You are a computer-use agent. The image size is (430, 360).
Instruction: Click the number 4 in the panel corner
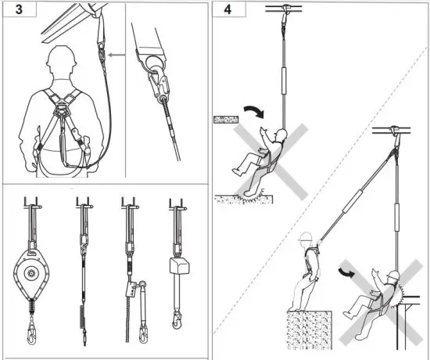(x=228, y=13)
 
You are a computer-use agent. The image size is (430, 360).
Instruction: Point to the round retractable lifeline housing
(x=31, y=274)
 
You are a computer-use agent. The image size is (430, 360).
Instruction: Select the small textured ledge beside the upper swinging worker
(x=227, y=120)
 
